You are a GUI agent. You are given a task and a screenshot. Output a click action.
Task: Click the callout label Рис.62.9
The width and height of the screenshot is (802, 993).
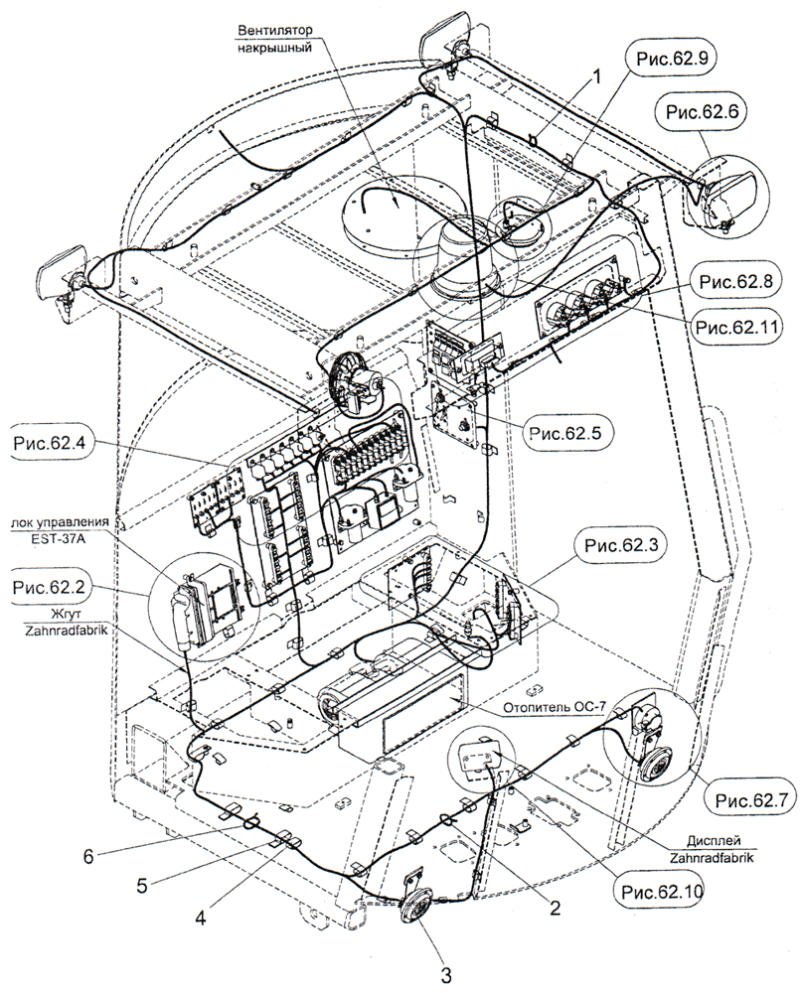pyautogui.click(x=663, y=58)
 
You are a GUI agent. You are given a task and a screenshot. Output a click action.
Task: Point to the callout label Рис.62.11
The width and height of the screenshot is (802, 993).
pyautogui.click(x=737, y=324)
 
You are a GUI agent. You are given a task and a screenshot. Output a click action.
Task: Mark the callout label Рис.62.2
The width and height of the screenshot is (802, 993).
pyautogui.click(x=47, y=589)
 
